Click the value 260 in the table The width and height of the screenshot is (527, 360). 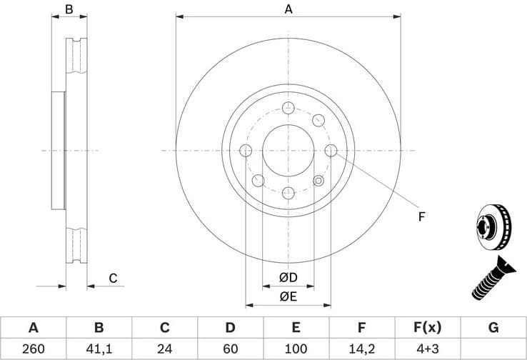click(33, 349)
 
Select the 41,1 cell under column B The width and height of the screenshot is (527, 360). click(99, 349)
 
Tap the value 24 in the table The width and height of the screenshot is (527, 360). click(164, 349)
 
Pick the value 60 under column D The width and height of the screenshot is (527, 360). click(230, 349)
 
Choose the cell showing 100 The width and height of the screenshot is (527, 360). click(296, 349)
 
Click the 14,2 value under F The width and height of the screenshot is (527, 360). click(361, 349)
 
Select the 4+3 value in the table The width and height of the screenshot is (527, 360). click(427, 349)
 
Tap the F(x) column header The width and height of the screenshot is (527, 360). click(427, 328)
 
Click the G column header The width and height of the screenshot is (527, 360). click(493, 328)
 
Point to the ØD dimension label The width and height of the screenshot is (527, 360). click(288, 277)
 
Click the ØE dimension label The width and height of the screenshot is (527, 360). click(288, 296)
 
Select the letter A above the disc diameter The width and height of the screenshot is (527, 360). click(288, 9)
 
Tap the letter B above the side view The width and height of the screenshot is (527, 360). click(69, 9)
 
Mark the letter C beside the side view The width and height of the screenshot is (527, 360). click(113, 279)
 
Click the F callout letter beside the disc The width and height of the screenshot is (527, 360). click(421, 216)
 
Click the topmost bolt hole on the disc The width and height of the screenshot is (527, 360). click(288, 108)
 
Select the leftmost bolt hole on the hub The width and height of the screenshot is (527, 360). click(246, 151)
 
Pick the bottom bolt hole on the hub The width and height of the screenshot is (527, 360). click(288, 194)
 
